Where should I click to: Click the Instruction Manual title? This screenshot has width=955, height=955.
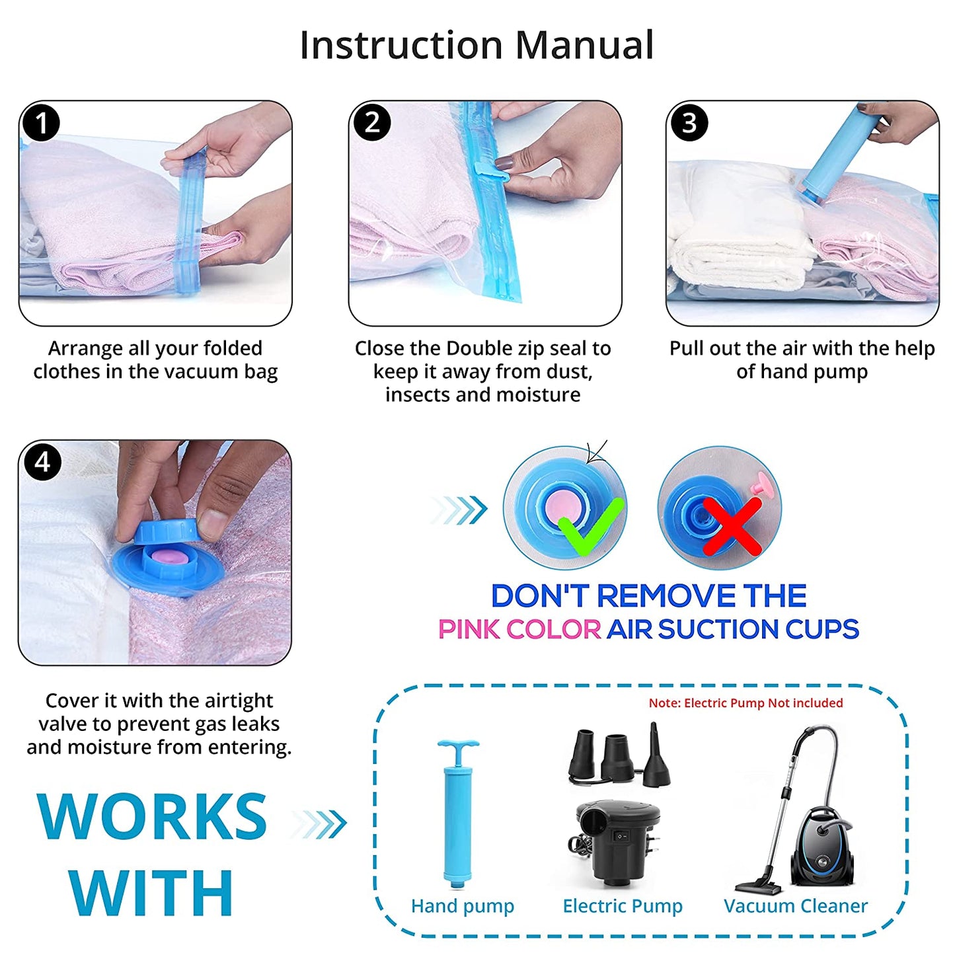pos(477,45)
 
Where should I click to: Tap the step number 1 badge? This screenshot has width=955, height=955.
pos(42,123)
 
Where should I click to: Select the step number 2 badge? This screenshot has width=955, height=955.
pos(372,122)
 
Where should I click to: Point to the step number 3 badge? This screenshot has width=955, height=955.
pos(689,123)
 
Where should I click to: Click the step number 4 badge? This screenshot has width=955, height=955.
pos(42,461)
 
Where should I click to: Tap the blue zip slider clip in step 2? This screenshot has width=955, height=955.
pos(492,172)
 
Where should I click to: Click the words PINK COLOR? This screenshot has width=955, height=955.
pos(519,629)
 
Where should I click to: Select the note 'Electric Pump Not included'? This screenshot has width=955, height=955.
pos(745,703)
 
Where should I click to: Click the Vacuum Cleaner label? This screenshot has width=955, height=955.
pos(796,905)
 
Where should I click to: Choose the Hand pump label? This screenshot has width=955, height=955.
pos(463,905)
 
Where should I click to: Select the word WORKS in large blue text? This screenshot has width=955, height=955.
pos(153,817)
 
